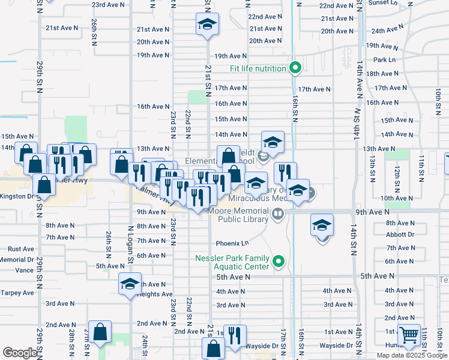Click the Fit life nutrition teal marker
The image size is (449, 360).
point(295,68)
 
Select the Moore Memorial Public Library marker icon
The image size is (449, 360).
point(277,214)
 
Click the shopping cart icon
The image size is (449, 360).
point(409,335)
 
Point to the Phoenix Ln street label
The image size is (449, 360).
point(232,244)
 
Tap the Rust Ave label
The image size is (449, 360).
point(21,249)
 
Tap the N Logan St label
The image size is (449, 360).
point(130,245)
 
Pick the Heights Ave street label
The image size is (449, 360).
point(155,294)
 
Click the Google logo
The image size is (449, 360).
point(20,353)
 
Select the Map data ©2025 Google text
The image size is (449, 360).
point(412,355)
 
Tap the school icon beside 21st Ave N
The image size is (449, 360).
point(207,25)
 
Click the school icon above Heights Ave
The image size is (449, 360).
point(130,284)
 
